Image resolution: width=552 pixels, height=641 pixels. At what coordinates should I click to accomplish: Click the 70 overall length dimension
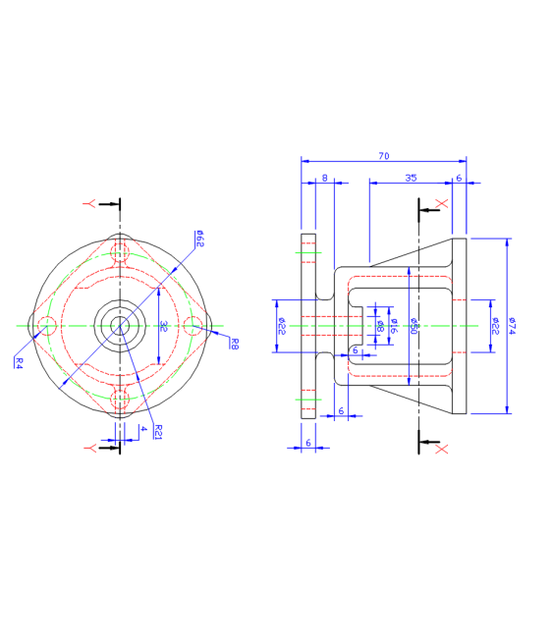click(x=383, y=155)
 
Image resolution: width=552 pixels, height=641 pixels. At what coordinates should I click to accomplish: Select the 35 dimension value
click(x=411, y=178)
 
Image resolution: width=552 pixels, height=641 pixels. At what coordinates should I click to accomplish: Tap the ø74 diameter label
click(x=512, y=325)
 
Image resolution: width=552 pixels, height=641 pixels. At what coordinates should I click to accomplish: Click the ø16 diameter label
click(x=393, y=325)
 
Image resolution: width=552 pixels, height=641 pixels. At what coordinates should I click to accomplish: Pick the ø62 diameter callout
click(x=198, y=238)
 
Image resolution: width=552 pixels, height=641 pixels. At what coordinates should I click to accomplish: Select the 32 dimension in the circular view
click(x=164, y=325)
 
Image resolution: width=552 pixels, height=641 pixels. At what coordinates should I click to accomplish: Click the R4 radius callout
click(x=18, y=361)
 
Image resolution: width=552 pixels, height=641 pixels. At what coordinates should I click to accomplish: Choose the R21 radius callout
click(x=157, y=431)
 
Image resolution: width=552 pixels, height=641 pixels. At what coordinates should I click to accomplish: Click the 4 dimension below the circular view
click(x=142, y=429)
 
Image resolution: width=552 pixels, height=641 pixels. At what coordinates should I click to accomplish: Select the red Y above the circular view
click(x=89, y=203)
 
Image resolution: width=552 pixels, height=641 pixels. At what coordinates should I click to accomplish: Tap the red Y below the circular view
click(x=89, y=448)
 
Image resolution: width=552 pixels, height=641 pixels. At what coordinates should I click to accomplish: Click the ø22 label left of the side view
click(x=281, y=325)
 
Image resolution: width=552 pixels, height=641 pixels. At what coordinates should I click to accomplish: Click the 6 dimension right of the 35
click(x=459, y=178)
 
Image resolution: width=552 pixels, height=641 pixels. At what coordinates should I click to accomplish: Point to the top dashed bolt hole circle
click(x=121, y=252)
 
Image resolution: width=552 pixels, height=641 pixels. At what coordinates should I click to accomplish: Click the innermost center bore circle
click(x=120, y=325)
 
